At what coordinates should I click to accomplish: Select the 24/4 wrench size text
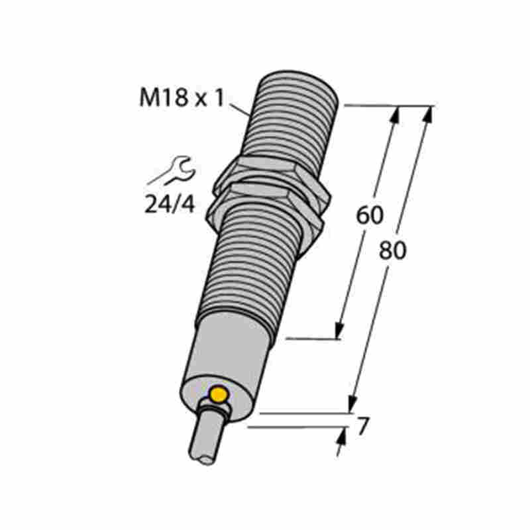170,204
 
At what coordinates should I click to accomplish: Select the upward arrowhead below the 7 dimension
343,437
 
